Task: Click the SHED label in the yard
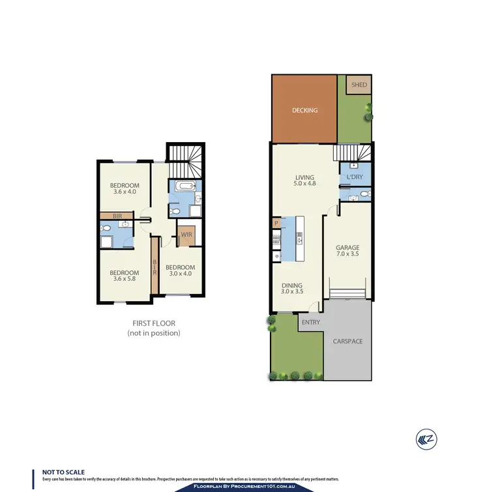coord(359,85)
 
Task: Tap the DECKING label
coord(304,110)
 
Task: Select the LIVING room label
coord(304,177)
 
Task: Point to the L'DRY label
coord(355,177)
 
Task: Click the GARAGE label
coord(348,248)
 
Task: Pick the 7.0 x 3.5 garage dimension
coord(348,255)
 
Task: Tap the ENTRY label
coord(310,321)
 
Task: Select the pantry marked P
coord(276,224)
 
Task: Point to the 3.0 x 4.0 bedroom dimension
coord(180,275)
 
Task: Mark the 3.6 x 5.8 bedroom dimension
coord(124,280)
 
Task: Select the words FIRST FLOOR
coord(153,323)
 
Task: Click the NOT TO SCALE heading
coord(63,472)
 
